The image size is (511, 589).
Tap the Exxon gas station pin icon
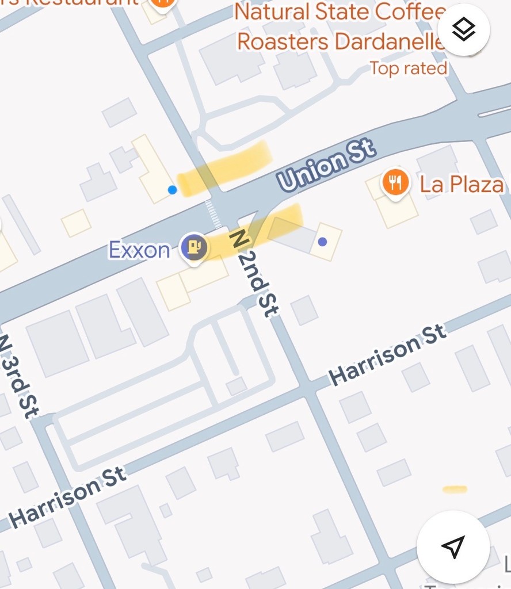[195, 247]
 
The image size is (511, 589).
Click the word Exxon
[140, 250]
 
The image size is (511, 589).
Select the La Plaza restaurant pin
[395, 183]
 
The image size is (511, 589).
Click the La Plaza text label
[462, 185]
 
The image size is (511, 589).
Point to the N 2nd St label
[254, 273]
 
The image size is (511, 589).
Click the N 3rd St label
[17, 374]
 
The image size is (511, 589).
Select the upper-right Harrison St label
[387, 354]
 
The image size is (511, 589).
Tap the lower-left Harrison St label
[68, 496]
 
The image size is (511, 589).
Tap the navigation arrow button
[453, 546]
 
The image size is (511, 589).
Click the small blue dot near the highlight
[172, 190]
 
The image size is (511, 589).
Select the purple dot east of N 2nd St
[323, 242]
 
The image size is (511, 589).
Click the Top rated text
[409, 68]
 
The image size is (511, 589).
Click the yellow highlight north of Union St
[224, 167]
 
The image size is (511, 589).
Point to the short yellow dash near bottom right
[455, 489]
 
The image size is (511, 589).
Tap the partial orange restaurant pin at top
[163, 3]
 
